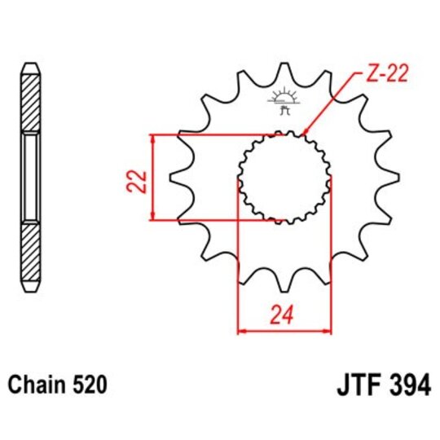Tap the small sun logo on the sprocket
pyautogui.click(x=284, y=97)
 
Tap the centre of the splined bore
pyautogui.click(x=284, y=177)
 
